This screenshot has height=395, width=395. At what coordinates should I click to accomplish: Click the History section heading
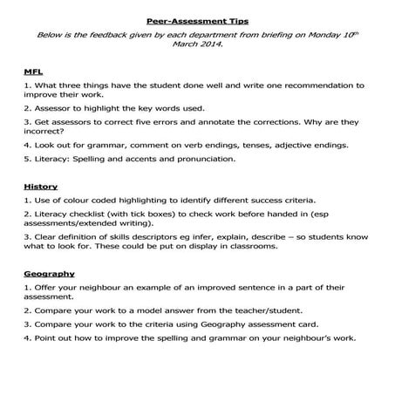coord(41,187)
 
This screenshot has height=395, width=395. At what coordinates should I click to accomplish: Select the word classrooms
coord(250,246)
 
